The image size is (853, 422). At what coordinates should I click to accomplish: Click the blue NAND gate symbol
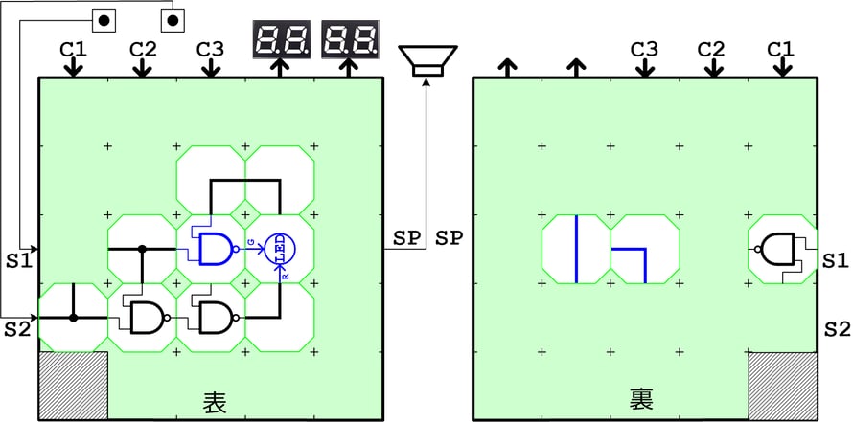214,249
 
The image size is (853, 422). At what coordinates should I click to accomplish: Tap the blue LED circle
282,249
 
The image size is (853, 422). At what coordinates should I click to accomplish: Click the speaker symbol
426,60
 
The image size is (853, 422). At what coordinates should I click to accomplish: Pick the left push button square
104,19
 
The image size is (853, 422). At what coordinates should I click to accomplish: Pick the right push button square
173,19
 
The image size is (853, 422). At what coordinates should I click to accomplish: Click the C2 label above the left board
142,48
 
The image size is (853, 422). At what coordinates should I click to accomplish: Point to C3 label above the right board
644,48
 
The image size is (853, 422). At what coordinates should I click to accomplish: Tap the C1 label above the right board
782,48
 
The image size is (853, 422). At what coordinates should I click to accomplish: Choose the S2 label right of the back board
837,328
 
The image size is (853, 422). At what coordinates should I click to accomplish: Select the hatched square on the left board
73,386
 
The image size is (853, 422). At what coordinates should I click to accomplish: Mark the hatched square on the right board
783,386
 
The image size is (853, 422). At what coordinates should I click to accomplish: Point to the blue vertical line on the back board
576,250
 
